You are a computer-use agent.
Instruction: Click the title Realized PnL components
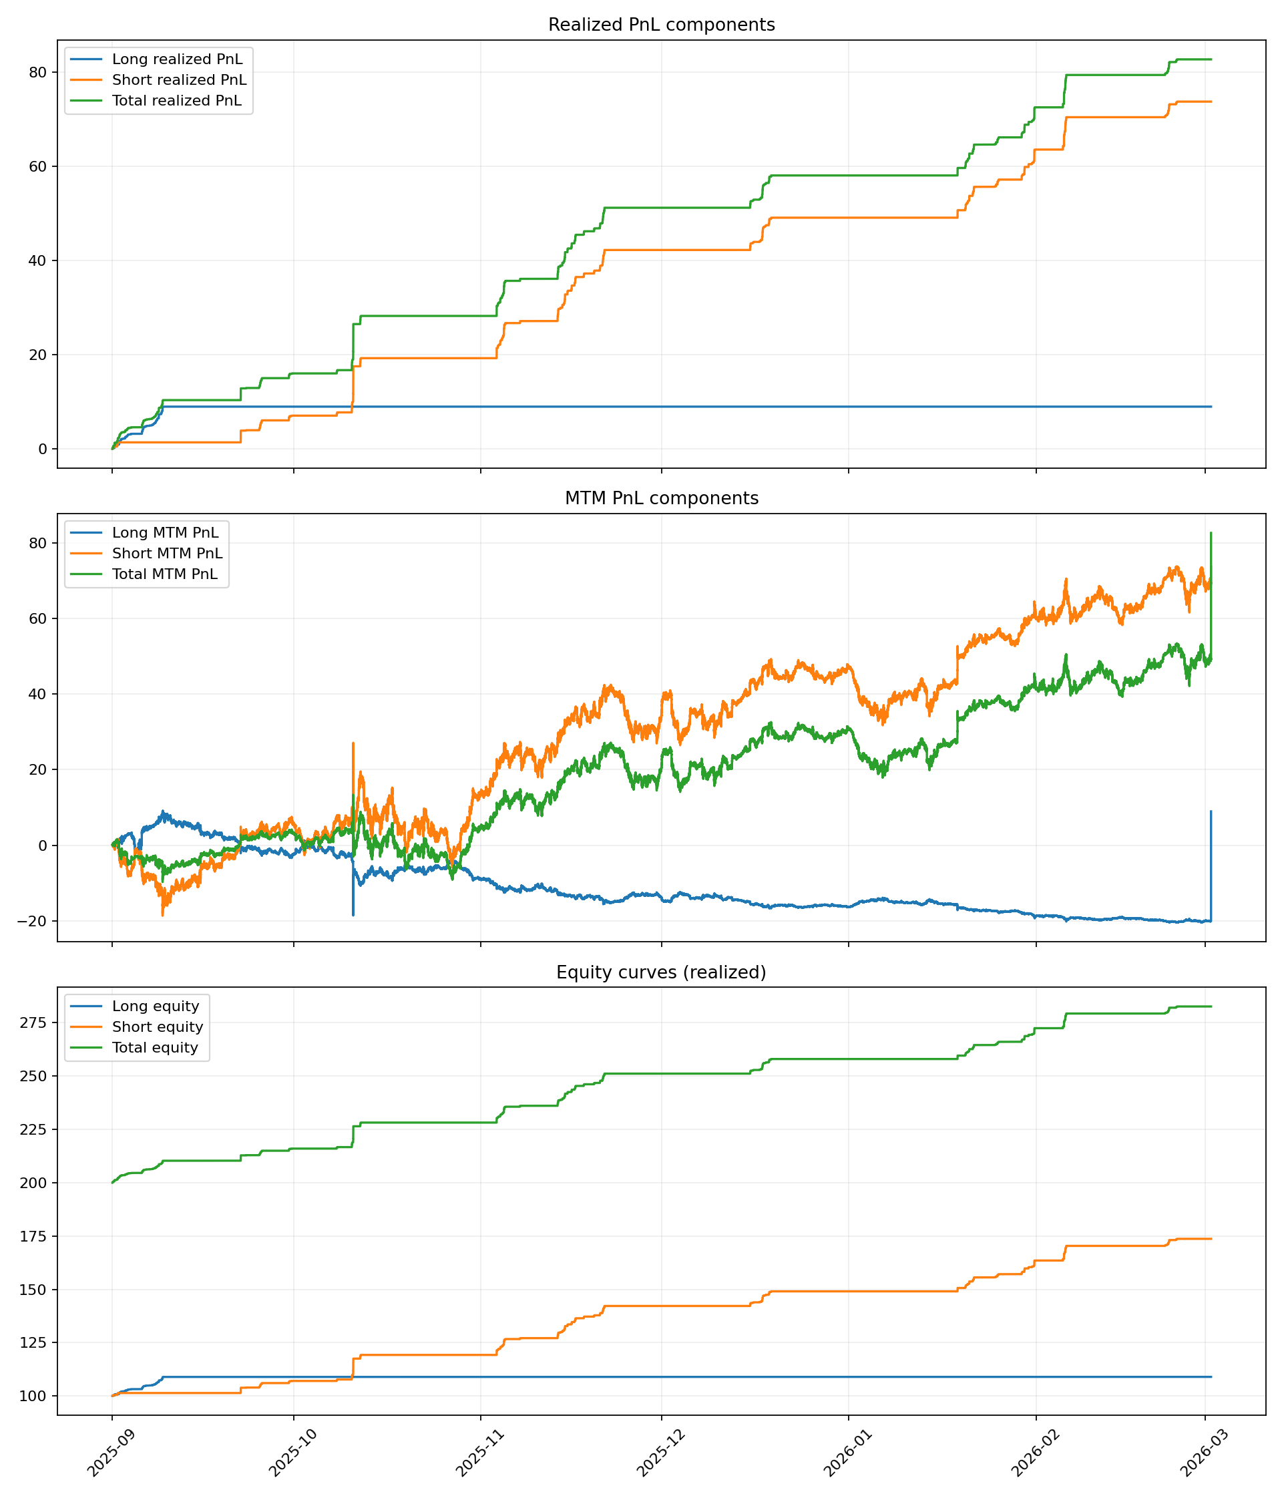click(x=661, y=25)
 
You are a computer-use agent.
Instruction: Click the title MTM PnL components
click(x=661, y=498)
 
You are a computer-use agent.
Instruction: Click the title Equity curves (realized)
click(x=661, y=972)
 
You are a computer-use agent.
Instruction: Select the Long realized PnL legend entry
click(x=177, y=59)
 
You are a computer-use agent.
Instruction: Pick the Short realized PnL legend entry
click(x=179, y=80)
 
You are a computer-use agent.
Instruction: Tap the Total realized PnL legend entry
click(x=177, y=101)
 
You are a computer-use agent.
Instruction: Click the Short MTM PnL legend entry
click(x=168, y=554)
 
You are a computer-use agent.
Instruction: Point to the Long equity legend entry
click(x=155, y=1006)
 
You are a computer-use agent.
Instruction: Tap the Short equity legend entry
click(x=158, y=1026)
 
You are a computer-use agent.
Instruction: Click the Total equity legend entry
click(x=155, y=1048)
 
